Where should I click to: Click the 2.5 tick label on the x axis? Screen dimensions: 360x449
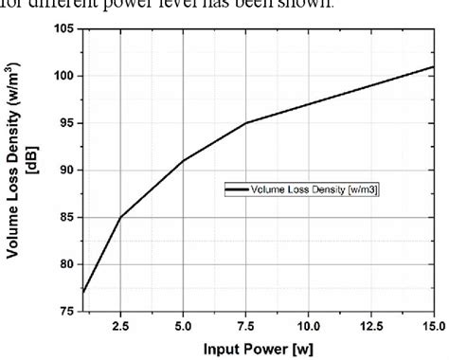[120, 325]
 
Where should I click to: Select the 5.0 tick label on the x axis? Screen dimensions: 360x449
[183, 325]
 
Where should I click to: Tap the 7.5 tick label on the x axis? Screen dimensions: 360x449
[245, 325]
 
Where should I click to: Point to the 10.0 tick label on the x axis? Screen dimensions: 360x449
[308, 325]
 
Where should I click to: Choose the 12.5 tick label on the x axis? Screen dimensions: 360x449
[370, 325]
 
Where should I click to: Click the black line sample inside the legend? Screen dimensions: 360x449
[236, 190]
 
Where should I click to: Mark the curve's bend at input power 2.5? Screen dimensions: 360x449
[120, 217]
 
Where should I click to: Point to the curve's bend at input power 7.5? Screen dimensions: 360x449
[245, 123]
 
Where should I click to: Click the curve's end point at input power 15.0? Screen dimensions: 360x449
[433, 67]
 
